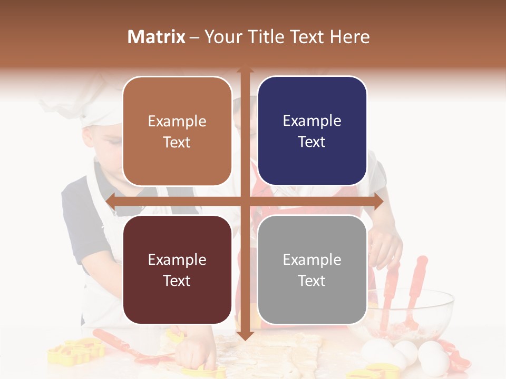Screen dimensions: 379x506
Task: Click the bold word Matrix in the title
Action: pos(156,37)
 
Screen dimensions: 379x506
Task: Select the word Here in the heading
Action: pos(349,37)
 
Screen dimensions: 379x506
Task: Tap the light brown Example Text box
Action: pos(177,131)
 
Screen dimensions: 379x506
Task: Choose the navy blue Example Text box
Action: pos(312,131)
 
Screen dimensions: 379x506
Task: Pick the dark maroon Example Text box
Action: pos(177,270)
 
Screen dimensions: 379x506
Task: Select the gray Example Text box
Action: pos(312,270)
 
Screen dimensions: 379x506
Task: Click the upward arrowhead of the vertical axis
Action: pos(245,71)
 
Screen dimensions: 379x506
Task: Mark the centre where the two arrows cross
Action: pos(245,201)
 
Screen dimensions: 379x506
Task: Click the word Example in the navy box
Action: pos(312,121)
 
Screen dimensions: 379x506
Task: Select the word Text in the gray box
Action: pos(312,281)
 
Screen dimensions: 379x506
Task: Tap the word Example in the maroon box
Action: pos(177,260)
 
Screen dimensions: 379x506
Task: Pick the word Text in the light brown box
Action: pos(177,142)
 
